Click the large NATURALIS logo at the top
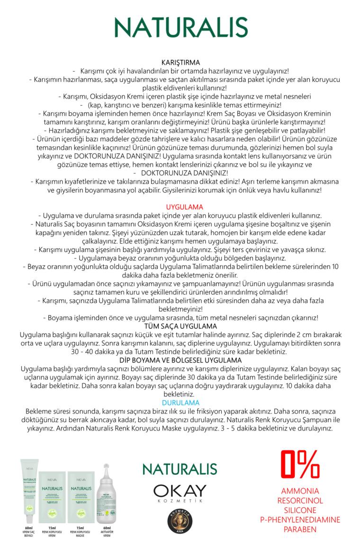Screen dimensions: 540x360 coord(180,27)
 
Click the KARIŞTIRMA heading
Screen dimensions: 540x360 coord(180,63)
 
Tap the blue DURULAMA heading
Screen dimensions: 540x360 coord(180,403)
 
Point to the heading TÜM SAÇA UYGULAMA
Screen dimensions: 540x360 coord(180,326)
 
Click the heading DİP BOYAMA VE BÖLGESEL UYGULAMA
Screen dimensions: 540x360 coord(180,360)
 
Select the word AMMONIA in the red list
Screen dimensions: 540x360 coord(300,491)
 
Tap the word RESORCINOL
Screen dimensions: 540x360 coord(300,501)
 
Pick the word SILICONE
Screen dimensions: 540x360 coord(300,510)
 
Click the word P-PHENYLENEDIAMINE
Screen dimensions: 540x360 coord(300,520)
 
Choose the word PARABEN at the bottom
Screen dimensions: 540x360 coord(300,530)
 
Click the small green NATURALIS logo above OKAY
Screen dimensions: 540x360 coord(180,469)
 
